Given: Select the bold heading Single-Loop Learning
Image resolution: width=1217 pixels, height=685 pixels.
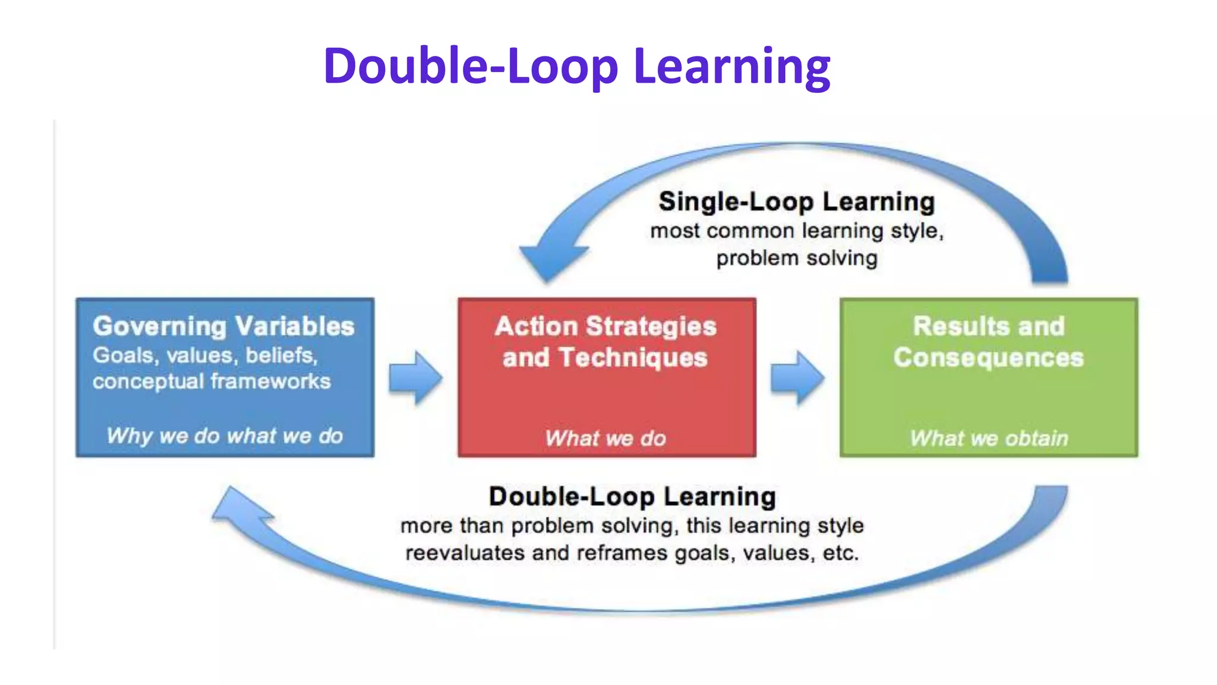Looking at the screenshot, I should [796, 202].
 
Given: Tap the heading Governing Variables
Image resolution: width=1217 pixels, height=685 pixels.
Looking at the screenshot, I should [223, 326].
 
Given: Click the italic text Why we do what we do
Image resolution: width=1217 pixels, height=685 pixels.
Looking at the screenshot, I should [225, 436].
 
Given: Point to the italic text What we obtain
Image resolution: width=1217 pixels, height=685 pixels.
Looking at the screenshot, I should [989, 439].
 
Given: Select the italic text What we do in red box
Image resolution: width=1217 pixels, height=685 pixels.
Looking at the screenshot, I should [606, 439].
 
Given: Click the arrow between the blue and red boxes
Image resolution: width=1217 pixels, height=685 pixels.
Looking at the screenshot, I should [415, 378].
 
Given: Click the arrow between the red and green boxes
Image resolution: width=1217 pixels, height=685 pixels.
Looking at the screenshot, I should [797, 378].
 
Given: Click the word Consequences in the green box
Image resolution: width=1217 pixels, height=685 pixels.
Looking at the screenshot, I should [988, 358].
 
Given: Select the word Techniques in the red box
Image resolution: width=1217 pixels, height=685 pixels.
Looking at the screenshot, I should [633, 358].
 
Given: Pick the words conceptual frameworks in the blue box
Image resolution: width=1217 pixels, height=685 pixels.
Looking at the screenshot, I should [212, 382].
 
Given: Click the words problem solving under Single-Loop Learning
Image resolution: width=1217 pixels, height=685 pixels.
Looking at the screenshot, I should [796, 259].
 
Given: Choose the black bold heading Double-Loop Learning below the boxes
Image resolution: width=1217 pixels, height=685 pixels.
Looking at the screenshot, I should [632, 497].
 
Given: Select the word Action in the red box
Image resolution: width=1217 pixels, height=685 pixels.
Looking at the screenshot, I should [536, 326].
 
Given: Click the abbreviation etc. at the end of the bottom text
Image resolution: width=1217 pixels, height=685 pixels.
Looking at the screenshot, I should [840, 554].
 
